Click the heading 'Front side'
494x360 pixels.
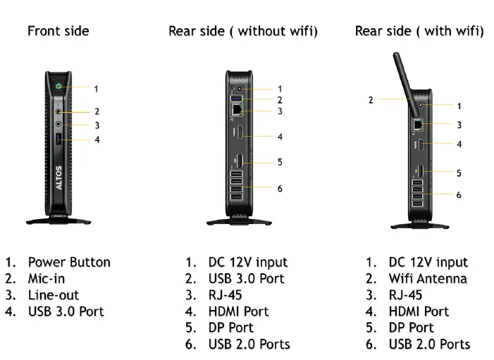tap(58, 31)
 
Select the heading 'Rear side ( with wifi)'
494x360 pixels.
tap(419, 31)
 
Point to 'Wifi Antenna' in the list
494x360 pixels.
tap(428, 278)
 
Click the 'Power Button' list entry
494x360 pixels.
tap(69, 262)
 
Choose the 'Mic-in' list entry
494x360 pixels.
tap(47, 278)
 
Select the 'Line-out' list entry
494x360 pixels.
tap(54, 295)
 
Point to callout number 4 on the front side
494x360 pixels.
tap(97, 139)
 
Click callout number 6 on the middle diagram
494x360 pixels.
tap(280, 188)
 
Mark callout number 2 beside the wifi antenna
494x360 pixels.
tap(371, 100)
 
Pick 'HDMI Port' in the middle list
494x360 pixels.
tap(238, 311)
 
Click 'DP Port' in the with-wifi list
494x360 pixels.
tap(412, 328)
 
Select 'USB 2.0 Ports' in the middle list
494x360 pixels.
tap(249, 345)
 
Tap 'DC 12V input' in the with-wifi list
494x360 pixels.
tap(428, 262)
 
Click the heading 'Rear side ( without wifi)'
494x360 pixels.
tap(242, 31)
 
